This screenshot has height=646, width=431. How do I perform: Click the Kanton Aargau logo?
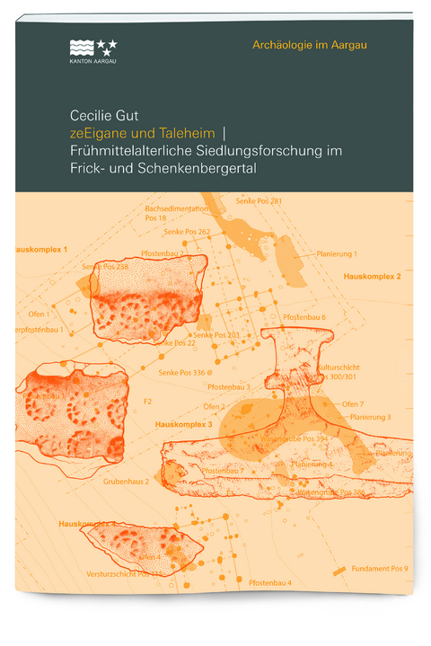point(92,51)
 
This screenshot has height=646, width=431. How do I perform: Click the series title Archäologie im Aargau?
point(311,45)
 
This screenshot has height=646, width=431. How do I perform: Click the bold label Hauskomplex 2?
point(372,277)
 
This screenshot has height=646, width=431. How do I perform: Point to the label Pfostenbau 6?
point(304,318)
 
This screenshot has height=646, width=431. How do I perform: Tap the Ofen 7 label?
point(353,404)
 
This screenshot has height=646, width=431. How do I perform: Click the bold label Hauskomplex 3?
point(183,423)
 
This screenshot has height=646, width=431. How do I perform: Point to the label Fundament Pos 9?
point(380,569)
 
